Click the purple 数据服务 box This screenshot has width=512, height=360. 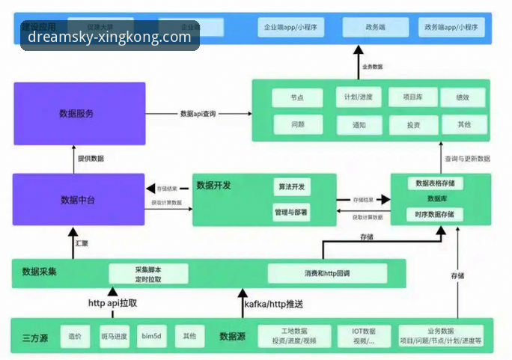click(x=79, y=113)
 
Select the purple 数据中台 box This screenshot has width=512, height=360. click(x=79, y=200)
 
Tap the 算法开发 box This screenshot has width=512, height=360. click(x=290, y=187)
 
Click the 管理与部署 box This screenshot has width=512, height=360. click(x=290, y=213)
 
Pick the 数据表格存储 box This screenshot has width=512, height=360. click(x=435, y=183)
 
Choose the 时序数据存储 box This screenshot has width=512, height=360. click(x=435, y=215)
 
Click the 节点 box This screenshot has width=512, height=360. click(x=297, y=98)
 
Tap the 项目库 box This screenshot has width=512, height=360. click(x=413, y=97)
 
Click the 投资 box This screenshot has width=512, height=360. click(x=413, y=125)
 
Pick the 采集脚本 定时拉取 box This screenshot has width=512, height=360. click(x=148, y=274)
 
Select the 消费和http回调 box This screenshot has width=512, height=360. click(x=327, y=273)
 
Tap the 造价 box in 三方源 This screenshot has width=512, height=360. click(x=75, y=336)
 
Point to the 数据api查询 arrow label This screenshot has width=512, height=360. click(x=198, y=114)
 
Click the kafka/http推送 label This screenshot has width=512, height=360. click(x=274, y=304)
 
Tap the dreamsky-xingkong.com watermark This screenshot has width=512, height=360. click(x=109, y=36)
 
